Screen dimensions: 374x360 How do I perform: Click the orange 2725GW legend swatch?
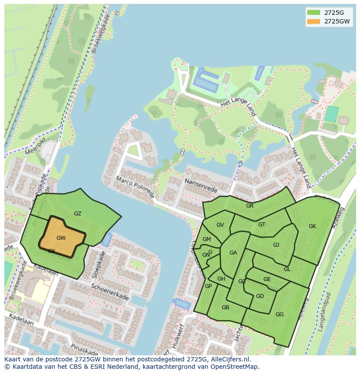[313, 21]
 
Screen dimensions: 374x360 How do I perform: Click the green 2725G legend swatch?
[313, 12]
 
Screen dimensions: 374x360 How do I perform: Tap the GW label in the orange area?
[61, 238]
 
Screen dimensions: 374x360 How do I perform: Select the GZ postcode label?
[77, 214]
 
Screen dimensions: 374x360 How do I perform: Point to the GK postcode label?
[312, 226]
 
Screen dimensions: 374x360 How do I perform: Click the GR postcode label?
[250, 206]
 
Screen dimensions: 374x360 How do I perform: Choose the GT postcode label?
[262, 225]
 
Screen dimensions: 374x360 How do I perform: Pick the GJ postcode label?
[276, 245]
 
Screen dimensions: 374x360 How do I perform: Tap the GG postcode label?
[280, 314]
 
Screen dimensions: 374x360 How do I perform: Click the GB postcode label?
[225, 308]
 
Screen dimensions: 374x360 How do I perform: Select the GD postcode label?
[260, 296]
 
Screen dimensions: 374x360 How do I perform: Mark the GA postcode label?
[233, 253]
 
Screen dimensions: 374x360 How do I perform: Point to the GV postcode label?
[220, 225]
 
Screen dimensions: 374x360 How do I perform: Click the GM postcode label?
[207, 239]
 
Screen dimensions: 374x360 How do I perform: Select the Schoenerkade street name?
[110, 292]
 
